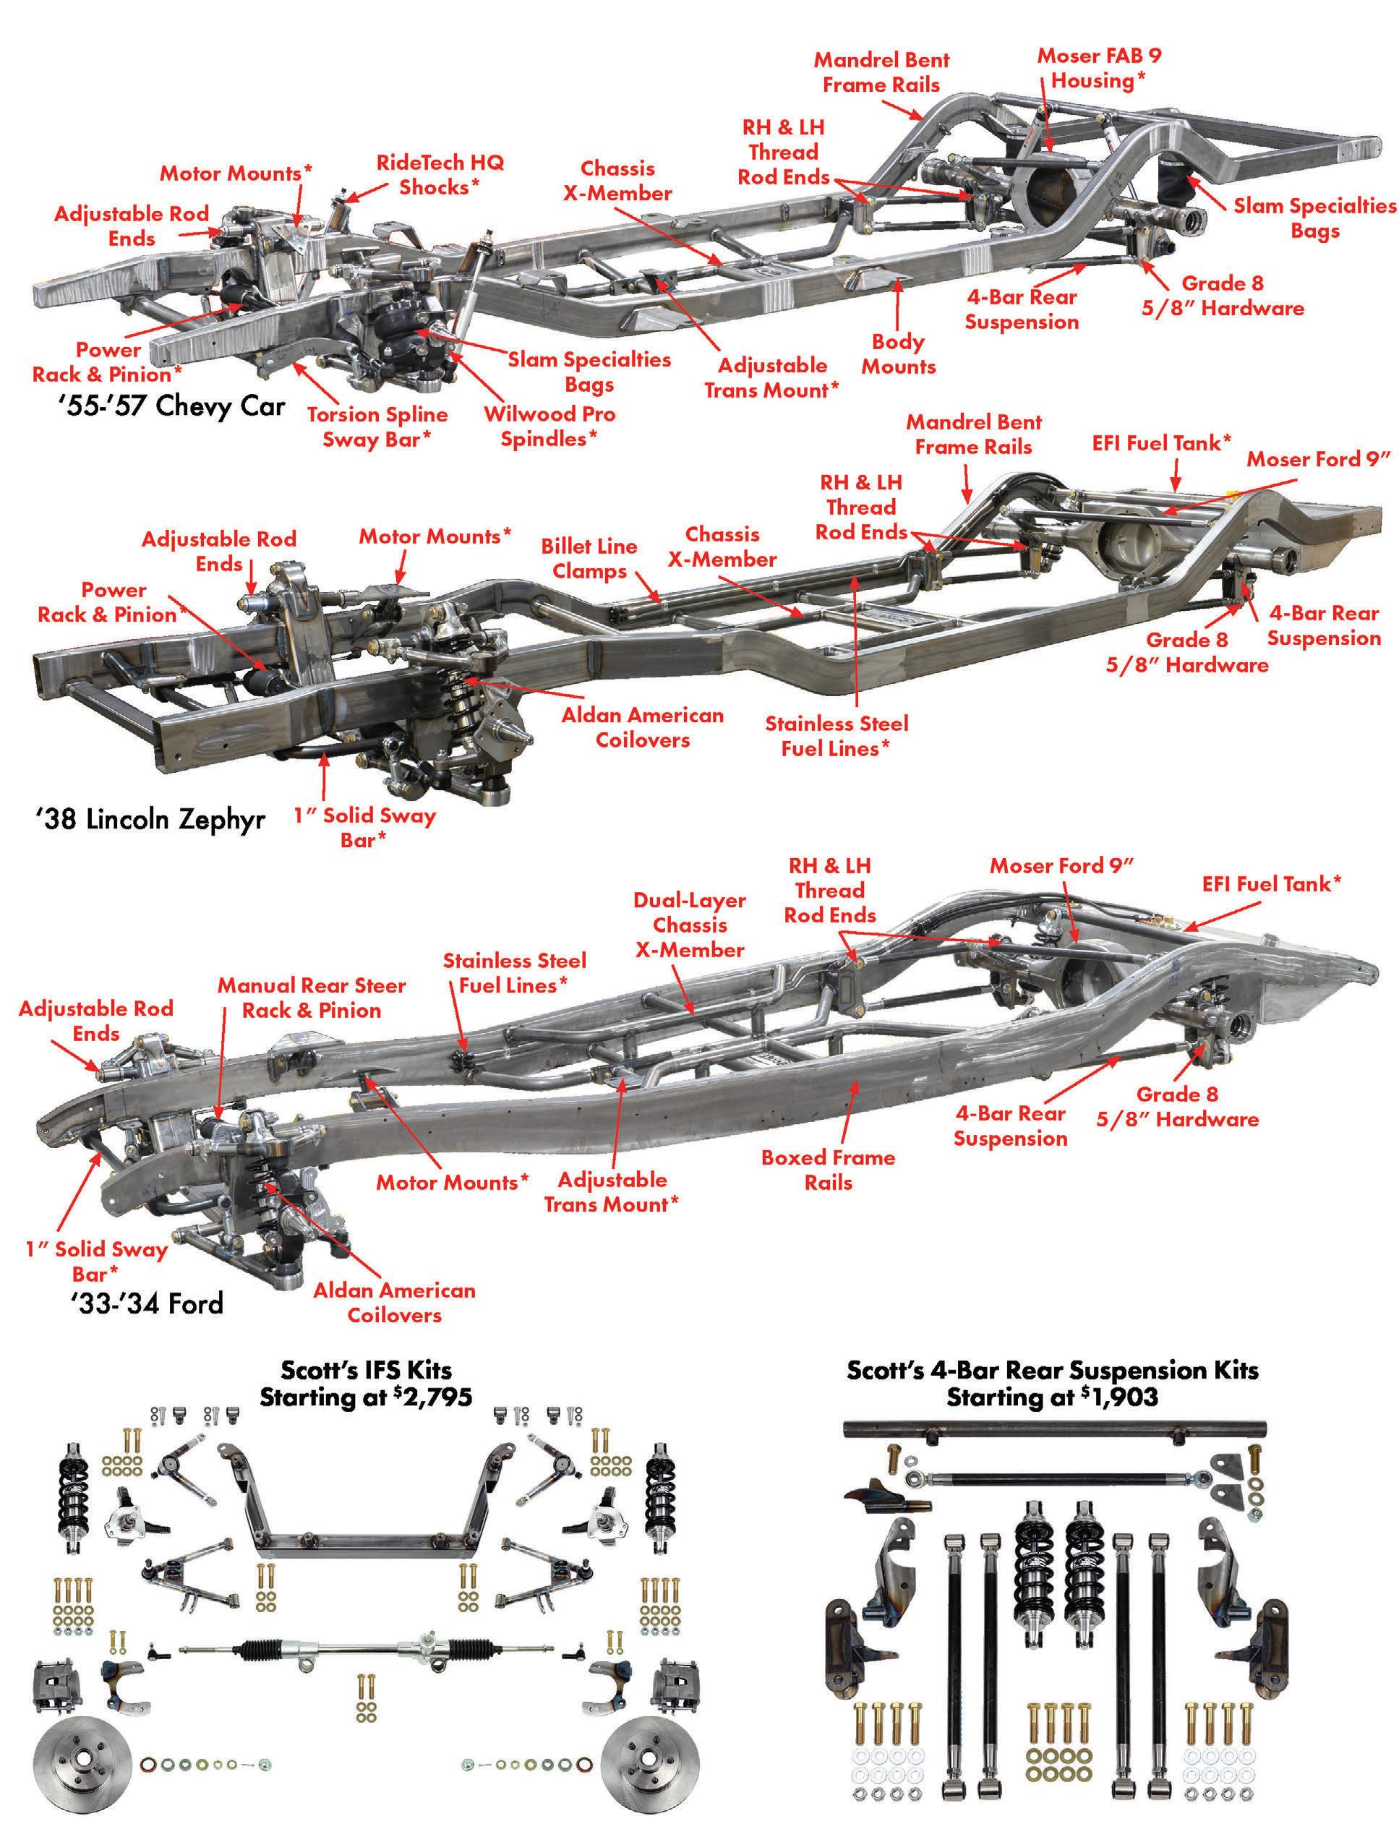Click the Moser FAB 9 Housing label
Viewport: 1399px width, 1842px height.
(x=1098, y=68)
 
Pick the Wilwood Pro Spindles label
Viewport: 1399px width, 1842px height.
(x=549, y=427)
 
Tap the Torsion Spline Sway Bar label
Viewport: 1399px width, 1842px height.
(x=377, y=427)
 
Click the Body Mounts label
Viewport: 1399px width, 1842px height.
(x=898, y=354)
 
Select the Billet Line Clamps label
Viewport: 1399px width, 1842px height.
(x=589, y=559)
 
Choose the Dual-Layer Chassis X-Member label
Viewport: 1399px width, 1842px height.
(x=690, y=925)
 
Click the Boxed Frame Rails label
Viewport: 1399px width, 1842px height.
(x=828, y=1169)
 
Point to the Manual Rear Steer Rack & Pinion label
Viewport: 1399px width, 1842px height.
(x=312, y=998)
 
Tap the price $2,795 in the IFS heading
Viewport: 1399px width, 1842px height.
(x=432, y=1397)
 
